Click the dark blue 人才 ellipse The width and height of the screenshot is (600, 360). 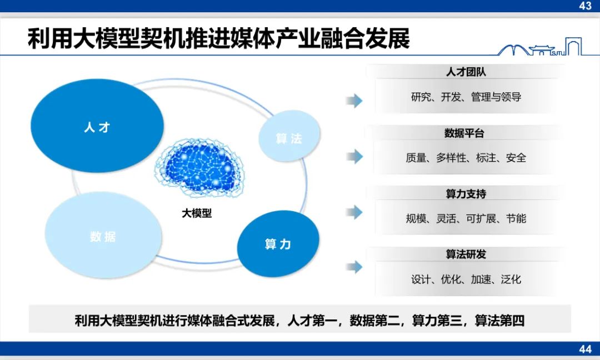coord(97,126)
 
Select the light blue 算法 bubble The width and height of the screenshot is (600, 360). coord(289,136)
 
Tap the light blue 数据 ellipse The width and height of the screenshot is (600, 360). coord(103,235)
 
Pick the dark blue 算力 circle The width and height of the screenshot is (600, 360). coord(278,244)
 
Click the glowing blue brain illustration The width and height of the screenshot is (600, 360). coord(199,168)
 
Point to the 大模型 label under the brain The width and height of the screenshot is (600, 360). coord(197,213)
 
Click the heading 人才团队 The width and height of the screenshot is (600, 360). coord(466,72)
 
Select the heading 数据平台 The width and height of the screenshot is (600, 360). coord(464,133)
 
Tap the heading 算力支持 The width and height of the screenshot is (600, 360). coord(466,194)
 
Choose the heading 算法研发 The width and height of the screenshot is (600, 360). coord(466,254)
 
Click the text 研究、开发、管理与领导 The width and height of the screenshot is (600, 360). coord(466,97)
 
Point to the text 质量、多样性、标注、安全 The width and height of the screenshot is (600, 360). coord(466,158)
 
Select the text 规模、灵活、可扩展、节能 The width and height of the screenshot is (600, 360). coord(466,218)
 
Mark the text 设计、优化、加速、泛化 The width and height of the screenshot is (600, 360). coord(466,279)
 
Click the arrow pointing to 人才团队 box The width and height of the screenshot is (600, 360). coord(354,101)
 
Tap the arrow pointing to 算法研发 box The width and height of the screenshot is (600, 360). coord(354,267)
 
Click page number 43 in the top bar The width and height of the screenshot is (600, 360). coord(586,6)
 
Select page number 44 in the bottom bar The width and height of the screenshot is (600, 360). coord(586,349)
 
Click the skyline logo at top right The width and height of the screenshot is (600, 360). coord(540,47)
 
